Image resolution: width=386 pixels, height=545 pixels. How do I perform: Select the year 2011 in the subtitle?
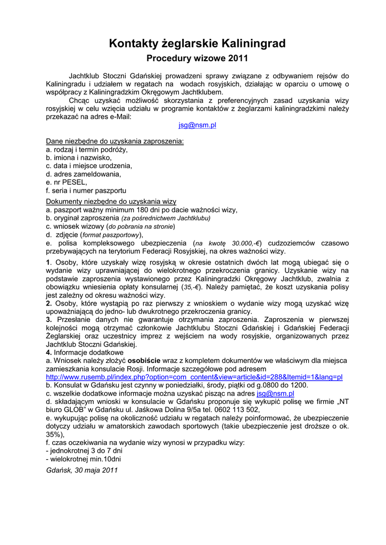pyautogui.click(x=238, y=58)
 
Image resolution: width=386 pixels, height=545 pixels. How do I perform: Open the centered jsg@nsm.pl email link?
pyautogui.click(x=197, y=125)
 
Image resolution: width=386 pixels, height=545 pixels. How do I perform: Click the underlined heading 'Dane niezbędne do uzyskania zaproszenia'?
pyautogui.click(x=114, y=141)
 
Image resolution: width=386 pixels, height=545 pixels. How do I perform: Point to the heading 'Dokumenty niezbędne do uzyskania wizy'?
pyautogui.click(x=111, y=202)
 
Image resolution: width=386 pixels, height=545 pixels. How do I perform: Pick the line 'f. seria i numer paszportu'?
pyautogui.click(x=86, y=190)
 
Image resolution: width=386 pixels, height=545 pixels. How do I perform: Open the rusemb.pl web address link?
pyautogui.click(x=194, y=377)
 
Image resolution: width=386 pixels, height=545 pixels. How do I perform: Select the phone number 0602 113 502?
pyautogui.click(x=236, y=410)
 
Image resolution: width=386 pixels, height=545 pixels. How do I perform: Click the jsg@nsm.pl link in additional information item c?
pyautogui.click(x=275, y=393)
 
